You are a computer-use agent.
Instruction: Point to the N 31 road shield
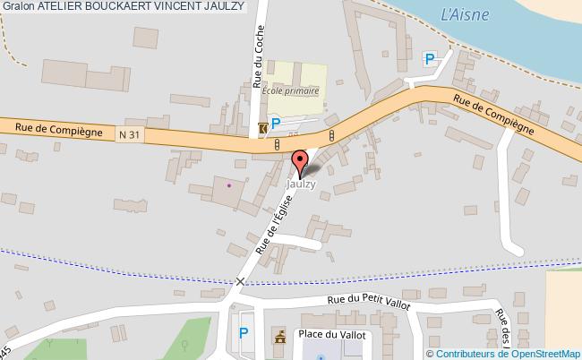pyautogui.click(x=130, y=134)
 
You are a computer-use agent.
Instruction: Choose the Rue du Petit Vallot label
pyautogui.click(x=368, y=304)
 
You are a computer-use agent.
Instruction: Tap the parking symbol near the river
pyautogui.click(x=430, y=59)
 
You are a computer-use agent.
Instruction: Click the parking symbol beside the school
pyautogui.click(x=277, y=124)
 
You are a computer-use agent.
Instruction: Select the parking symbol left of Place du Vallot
pyautogui.click(x=244, y=333)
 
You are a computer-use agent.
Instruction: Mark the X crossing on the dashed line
pyautogui.click(x=240, y=282)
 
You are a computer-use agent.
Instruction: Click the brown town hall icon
pyautogui.click(x=279, y=337)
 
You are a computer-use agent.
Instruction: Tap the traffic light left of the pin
pyautogui.click(x=278, y=143)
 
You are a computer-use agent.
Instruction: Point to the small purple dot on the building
pyautogui.click(x=228, y=184)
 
